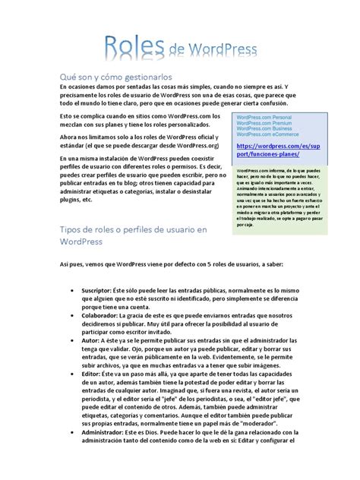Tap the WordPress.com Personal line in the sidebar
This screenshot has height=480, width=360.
[x=264, y=117]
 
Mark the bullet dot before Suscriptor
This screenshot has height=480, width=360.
[x=72, y=291]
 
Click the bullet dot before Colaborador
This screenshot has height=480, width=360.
[x=72, y=318]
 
